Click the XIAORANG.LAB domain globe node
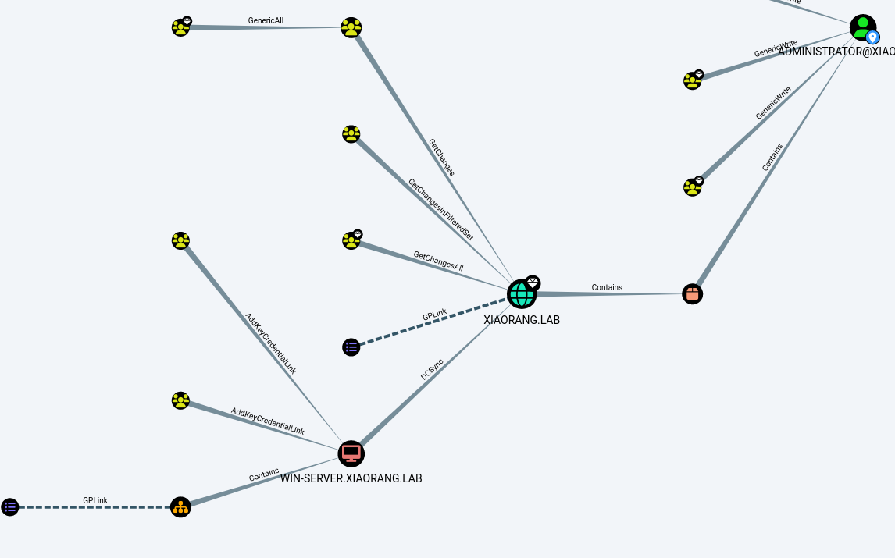tap(522, 294)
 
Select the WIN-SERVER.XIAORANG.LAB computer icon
tap(351, 453)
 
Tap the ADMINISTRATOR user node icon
tap(862, 27)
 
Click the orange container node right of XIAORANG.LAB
tap(693, 293)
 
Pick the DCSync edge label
tap(432, 369)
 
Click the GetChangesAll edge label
tap(438, 261)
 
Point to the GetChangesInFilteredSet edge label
tap(440, 209)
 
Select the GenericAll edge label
tap(266, 20)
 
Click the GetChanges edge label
tap(441, 157)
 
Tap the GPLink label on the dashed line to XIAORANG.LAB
tap(435, 315)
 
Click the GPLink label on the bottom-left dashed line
tap(95, 500)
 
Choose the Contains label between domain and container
tap(607, 287)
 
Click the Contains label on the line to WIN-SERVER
tap(264, 474)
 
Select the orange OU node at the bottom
tap(180, 507)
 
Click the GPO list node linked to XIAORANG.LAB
tap(351, 347)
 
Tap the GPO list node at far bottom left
tap(9, 507)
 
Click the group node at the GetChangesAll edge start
tap(351, 240)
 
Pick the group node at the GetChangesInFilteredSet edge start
tap(351, 134)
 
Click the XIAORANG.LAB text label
tap(522, 320)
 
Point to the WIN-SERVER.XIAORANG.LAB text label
tap(351, 478)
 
